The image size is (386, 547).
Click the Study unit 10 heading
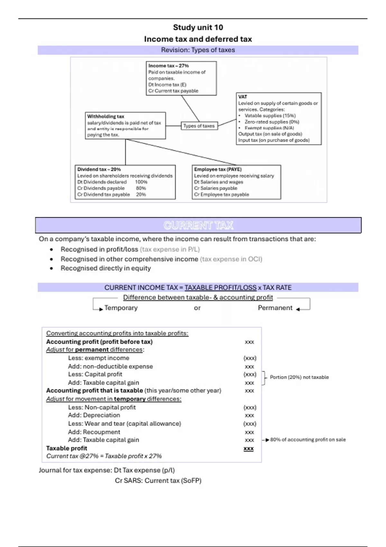point(198,27)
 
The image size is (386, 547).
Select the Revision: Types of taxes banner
point(198,50)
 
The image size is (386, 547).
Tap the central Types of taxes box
point(199,126)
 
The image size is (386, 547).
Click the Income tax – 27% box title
point(169,66)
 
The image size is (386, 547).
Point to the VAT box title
point(243,97)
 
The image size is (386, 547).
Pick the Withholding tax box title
point(106,116)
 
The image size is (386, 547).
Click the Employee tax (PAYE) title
point(218,169)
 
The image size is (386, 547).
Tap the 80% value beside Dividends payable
point(141,188)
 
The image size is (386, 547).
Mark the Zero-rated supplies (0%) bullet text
point(272,122)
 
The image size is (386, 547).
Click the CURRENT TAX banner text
point(198,225)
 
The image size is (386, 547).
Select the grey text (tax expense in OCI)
point(231,259)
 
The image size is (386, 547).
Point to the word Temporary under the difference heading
point(121,308)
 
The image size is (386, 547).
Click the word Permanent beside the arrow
point(275,308)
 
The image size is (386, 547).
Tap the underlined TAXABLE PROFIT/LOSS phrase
point(220,288)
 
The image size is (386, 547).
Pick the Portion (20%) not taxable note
point(299,377)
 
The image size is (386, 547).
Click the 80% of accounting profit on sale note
point(308,440)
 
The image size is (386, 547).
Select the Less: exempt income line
point(98,358)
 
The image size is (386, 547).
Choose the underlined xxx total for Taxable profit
point(249,449)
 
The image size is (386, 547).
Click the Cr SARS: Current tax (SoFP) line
point(158,481)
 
